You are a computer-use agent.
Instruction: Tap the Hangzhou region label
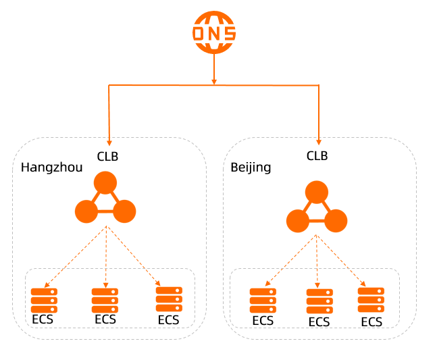52,168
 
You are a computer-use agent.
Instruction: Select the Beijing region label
251,168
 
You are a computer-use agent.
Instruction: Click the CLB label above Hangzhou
108,156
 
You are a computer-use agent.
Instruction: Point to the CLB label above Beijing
317,156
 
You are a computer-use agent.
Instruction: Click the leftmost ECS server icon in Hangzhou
45,300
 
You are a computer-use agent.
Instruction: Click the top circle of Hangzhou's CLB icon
105,183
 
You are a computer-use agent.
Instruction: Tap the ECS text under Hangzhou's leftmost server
43,319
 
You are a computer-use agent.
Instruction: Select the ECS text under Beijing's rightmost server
371,322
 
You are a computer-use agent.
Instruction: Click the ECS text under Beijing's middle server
319,322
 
